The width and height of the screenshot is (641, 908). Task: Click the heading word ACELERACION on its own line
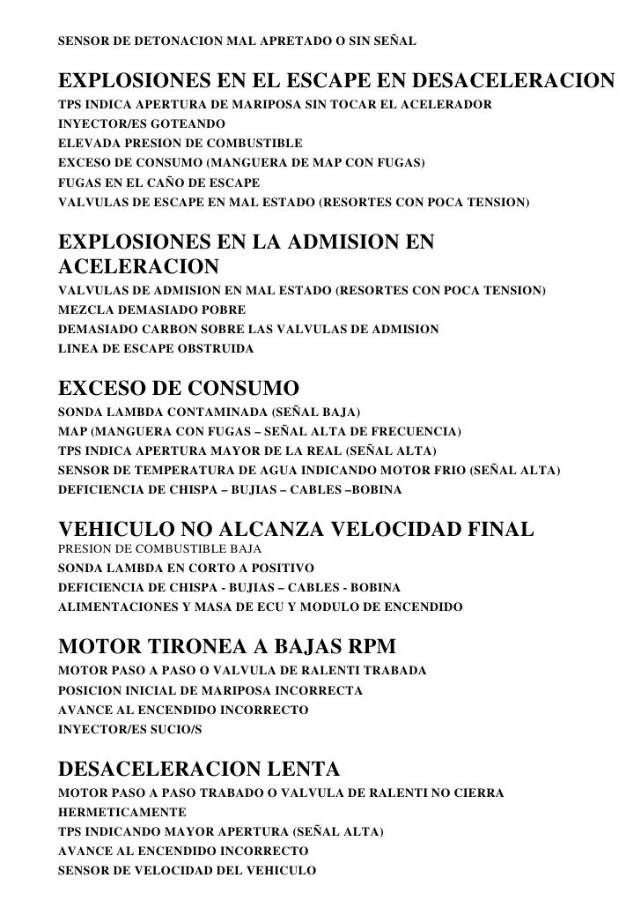coord(138,267)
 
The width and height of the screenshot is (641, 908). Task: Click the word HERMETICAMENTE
coord(122,812)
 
